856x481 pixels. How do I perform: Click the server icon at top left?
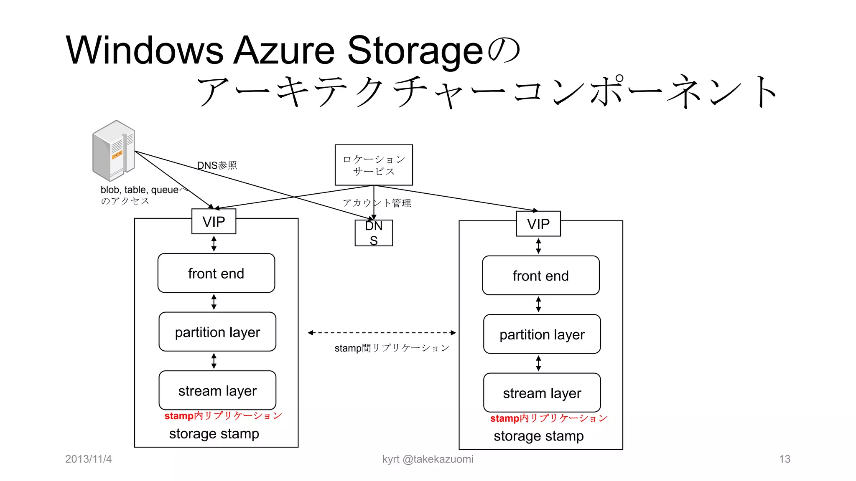114,150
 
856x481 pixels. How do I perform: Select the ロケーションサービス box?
374,165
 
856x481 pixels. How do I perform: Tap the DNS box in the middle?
374,233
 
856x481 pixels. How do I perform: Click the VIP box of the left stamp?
214,222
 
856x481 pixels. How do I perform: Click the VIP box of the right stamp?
538,224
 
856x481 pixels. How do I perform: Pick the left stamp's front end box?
216,273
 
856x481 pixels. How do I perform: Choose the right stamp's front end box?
540,276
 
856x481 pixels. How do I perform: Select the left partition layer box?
217,332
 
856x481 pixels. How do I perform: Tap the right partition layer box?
542,334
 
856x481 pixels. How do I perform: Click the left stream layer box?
217,391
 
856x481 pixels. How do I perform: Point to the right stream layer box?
542,393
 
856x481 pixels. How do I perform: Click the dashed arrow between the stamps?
382,333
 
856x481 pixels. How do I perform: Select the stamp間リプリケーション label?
392,348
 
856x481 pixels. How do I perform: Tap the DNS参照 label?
217,165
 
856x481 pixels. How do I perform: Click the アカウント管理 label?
377,203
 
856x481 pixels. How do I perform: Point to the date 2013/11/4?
88,459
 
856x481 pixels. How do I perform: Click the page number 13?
785,459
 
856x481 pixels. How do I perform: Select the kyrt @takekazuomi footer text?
428,459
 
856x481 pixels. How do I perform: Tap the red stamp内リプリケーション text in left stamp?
223,416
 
